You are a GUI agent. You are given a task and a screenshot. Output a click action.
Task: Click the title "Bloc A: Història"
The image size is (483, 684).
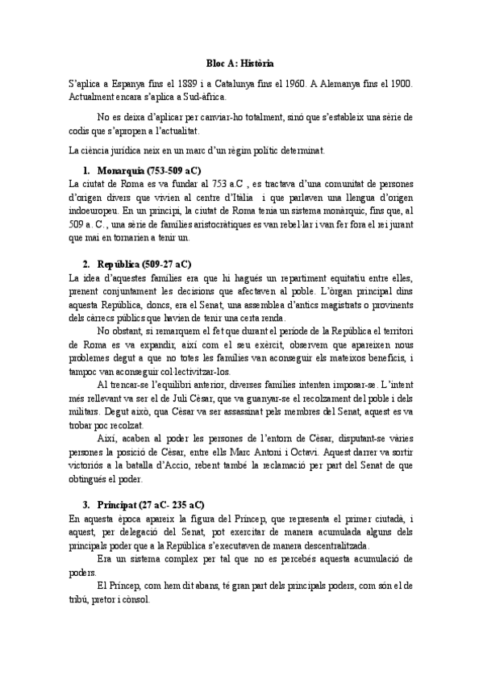pos(240,62)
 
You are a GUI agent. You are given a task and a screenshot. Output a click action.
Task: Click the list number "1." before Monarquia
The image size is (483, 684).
pos(87,171)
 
